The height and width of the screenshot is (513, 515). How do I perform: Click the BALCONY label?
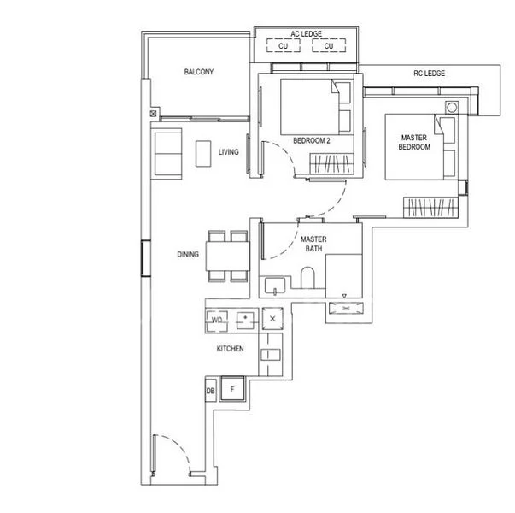tap(199, 72)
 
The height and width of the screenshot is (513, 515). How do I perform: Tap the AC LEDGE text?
tap(306, 34)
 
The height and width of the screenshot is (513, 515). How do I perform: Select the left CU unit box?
tap(283, 45)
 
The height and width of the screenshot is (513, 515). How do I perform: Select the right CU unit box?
tap(329, 45)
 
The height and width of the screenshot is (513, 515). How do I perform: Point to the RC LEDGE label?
tap(430, 73)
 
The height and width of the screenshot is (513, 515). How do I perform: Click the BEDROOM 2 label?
tap(312, 141)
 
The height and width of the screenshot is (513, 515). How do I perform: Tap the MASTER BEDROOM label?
tap(414, 142)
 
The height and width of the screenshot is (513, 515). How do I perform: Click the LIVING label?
tap(229, 152)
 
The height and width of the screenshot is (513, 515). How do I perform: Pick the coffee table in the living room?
tap(203, 154)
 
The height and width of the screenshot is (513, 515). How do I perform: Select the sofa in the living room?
tap(167, 154)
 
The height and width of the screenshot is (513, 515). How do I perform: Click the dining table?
tap(228, 256)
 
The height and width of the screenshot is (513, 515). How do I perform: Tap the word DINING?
tap(188, 254)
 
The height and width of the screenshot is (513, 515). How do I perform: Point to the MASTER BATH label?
tap(313, 244)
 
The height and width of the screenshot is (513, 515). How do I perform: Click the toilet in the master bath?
tap(307, 278)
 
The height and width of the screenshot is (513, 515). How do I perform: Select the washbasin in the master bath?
tap(275, 285)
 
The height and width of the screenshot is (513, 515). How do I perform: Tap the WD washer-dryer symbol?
tap(217, 320)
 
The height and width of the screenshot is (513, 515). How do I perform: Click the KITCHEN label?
tap(231, 349)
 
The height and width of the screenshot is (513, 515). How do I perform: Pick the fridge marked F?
tap(232, 389)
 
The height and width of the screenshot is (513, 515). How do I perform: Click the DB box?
tap(211, 391)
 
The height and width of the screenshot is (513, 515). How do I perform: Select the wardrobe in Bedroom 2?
tap(331, 163)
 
